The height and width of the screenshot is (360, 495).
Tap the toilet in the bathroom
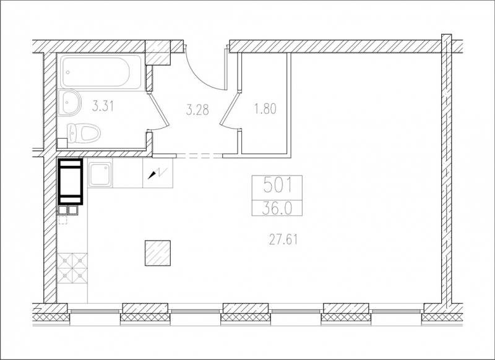(x=84, y=133)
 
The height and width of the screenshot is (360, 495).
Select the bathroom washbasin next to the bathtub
(x=69, y=102)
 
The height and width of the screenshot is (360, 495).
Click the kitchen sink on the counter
(x=100, y=174)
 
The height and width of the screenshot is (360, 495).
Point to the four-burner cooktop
(x=72, y=268)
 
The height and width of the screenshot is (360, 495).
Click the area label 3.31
(x=103, y=106)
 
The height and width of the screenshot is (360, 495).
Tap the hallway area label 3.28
(x=197, y=110)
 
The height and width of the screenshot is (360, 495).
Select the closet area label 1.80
(x=265, y=108)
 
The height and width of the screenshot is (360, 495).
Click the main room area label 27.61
(x=283, y=240)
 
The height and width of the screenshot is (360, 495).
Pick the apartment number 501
(x=277, y=186)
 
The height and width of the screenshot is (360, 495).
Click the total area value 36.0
(x=277, y=208)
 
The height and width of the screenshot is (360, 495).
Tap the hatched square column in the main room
(x=158, y=253)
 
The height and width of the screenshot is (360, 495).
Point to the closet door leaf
(x=229, y=108)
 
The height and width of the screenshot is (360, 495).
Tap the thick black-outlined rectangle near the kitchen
(x=71, y=182)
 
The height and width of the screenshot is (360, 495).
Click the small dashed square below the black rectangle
(x=63, y=220)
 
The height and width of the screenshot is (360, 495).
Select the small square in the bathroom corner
(x=62, y=143)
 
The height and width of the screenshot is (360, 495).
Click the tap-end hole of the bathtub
(x=68, y=72)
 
